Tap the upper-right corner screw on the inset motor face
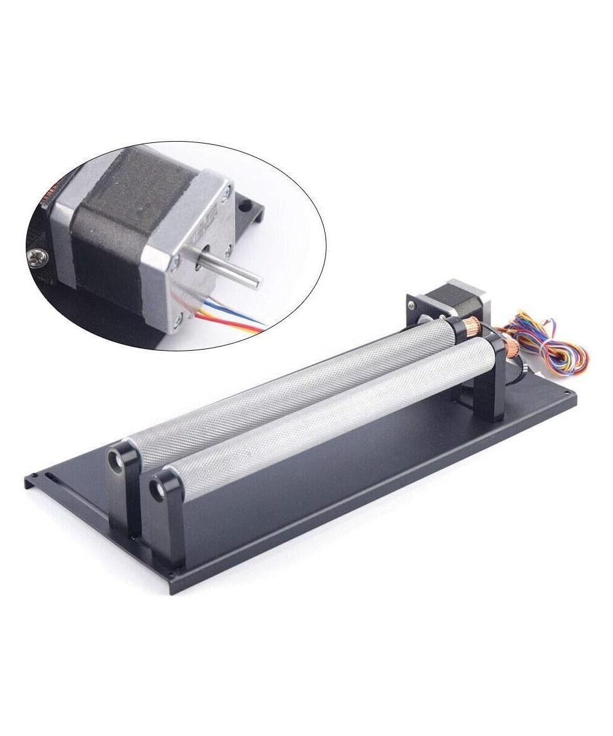click(226, 194)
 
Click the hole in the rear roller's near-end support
click(115, 461)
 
